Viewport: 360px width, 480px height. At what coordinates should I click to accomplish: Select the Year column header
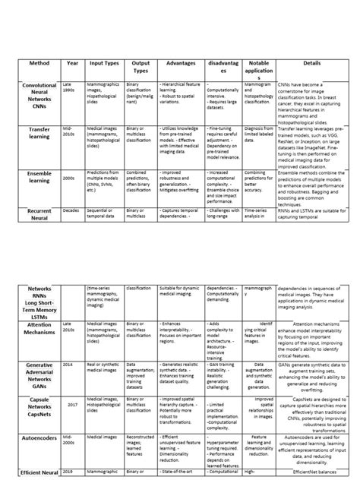click(72, 65)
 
